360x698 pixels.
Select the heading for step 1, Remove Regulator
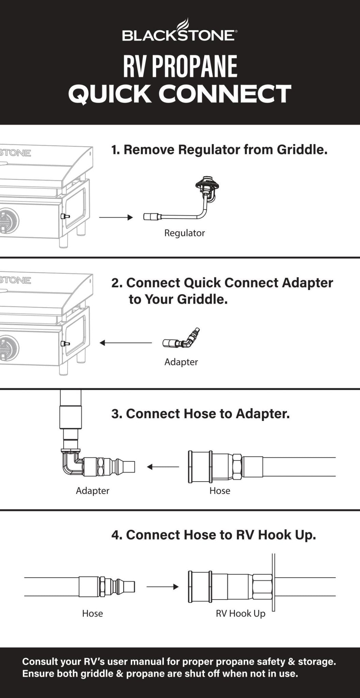tap(219, 150)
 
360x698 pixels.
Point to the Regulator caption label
tap(184, 233)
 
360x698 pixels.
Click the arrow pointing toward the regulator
tap(116, 217)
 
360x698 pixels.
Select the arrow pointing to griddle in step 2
tap(126, 343)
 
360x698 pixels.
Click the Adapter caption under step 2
tap(181, 362)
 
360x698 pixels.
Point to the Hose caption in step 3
tap(220, 491)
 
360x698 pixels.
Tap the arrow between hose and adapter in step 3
tap(163, 467)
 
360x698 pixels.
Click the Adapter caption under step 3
tap(92, 491)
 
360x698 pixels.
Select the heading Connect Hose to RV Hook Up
tap(214, 535)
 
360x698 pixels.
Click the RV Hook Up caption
tap(240, 614)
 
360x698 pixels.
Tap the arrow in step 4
tap(162, 587)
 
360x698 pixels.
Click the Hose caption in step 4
tap(92, 614)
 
